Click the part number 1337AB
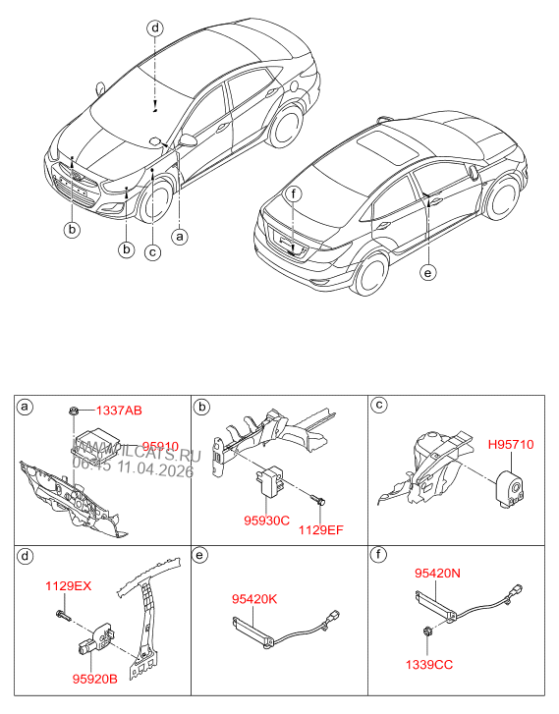(119, 410)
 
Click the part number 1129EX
(68, 586)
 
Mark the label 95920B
(94, 677)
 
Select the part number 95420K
(254, 597)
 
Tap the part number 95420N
(438, 571)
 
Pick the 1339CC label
(430, 665)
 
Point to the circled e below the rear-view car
(426, 273)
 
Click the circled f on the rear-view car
(293, 193)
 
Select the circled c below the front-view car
(151, 251)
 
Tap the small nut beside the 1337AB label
(76, 410)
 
